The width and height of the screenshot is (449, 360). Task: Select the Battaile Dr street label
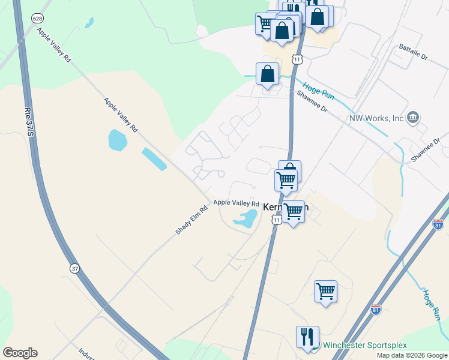point(415,56)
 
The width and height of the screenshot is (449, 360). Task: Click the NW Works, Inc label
point(376,118)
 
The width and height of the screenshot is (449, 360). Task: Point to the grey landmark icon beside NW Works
point(412,118)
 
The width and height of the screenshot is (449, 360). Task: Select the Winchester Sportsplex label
point(364,345)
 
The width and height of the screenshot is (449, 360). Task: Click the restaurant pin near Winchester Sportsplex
point(307,337)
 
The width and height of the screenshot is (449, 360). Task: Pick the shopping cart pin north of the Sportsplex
point(325,292)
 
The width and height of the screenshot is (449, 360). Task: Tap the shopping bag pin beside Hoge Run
point(268,74)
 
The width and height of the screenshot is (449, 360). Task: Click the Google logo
point(20,353)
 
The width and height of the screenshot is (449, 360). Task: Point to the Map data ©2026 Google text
point(411,355)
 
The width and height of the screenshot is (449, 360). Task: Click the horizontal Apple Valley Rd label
point(236,204)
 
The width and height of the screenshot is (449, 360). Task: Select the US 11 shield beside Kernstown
point(276,220)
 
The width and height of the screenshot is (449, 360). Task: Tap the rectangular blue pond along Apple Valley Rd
point(154,159)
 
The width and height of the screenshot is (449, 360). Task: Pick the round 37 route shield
point(74,268)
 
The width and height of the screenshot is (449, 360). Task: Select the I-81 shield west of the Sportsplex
point(376,310)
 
